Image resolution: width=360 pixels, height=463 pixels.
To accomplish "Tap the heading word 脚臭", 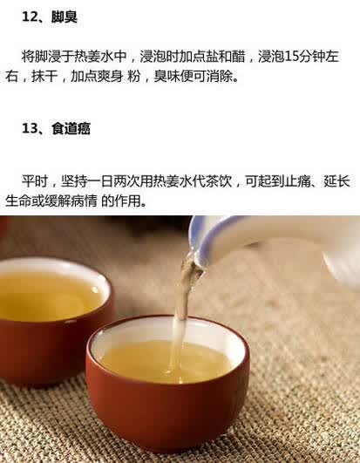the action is pyautogui.click(x=64, y=17).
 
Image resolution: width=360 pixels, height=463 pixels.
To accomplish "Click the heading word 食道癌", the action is pyautogui.click(x=71, y=128).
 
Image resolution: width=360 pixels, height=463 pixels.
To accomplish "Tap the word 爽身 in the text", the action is pyautogui.click(x=110, y=77).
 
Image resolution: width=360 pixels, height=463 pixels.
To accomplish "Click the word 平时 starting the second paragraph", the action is pyautogui.click(x=35, y=181).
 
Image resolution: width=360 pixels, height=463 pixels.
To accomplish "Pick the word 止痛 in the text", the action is pyautogui.click(x=298, y=181).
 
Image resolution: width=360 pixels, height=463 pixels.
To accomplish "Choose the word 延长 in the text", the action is pyautogui.click(x=337, y=181).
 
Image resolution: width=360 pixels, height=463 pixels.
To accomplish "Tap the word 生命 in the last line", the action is pyautogui.click(x=18, y=201).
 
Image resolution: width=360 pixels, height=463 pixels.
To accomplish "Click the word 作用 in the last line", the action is pyautogui.click(x=127, y=201).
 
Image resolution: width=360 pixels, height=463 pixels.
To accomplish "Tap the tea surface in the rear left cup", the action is pyautogui.click(x=47, y=296).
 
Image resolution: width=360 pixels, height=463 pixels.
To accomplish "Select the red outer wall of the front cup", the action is pyautogui.click(x=166, y=413).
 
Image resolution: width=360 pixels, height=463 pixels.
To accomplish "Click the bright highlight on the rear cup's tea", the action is pyautogui.click(x=95, y=289).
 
